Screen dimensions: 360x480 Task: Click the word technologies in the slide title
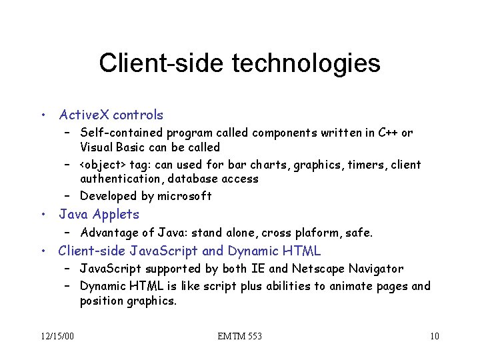click(x=306, y=63)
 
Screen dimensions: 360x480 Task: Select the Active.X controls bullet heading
click(x=111, y=115)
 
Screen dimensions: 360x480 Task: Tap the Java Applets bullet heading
click(x=99, y=214)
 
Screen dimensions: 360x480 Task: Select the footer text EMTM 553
click(x=240, y=336)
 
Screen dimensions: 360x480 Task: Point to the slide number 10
click(x=434, y=336)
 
